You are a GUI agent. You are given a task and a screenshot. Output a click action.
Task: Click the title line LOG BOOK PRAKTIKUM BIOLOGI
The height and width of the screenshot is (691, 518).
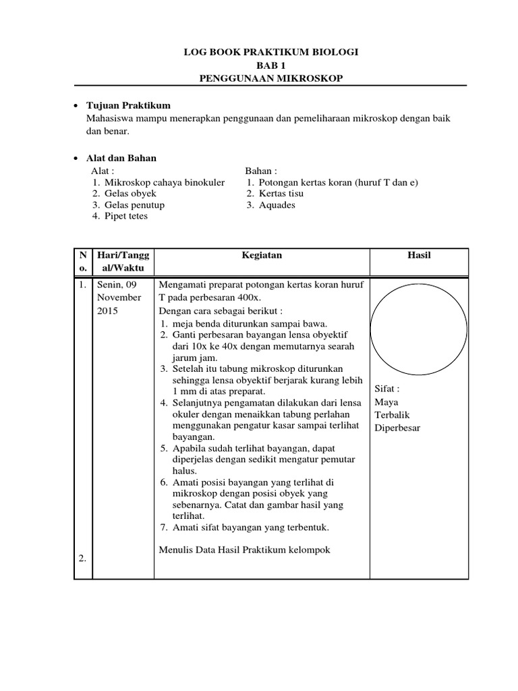point(271,52)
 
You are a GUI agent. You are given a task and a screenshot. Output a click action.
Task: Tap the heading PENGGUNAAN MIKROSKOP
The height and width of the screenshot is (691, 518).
point(271,79)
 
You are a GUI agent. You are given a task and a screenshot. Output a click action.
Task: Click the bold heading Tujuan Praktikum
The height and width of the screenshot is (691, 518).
point(128,106)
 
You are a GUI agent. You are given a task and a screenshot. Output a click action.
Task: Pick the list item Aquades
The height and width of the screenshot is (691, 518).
point(277,205)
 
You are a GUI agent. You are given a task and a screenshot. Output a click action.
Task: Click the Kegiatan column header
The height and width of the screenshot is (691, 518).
point(262,256)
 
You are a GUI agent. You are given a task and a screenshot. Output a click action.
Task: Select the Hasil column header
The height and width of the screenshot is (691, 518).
point(419,256)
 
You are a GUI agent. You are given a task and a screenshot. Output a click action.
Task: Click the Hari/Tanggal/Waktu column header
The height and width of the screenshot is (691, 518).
point(123,262)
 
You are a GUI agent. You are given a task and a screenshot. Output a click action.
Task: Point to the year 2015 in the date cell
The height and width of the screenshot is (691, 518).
point(108,311)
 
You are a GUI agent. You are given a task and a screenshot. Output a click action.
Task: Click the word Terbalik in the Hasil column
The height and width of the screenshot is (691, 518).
point(392,416)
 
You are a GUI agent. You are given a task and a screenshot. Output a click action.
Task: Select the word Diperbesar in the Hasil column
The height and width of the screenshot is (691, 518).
point(397,429)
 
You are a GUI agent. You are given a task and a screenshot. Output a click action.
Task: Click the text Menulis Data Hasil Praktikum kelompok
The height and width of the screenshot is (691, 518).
point(244,550)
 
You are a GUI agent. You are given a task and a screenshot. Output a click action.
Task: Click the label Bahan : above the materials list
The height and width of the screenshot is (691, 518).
point(261,171)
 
